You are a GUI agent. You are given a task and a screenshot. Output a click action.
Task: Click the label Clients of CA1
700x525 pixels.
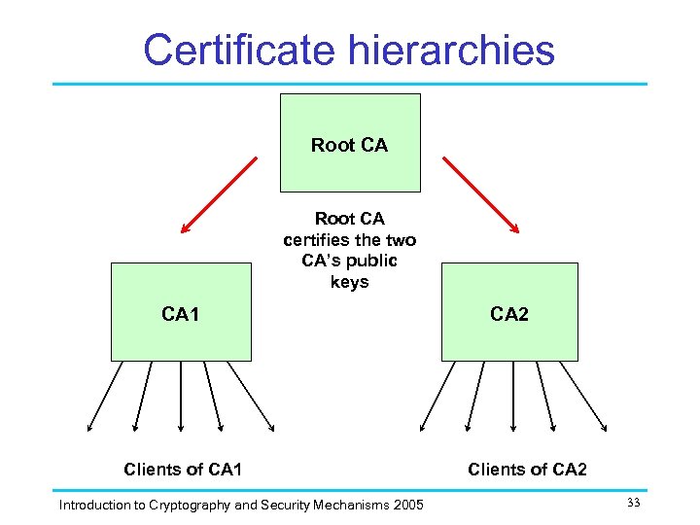coord(183,470)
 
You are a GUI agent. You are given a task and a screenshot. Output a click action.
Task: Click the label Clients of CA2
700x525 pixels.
coord(527,470)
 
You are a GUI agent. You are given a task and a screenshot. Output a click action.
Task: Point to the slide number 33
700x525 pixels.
coord(633,502)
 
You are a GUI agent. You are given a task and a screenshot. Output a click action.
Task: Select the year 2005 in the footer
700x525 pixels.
coord(407,505)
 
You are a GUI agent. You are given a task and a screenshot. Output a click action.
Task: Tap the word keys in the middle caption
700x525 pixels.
coord(349,282)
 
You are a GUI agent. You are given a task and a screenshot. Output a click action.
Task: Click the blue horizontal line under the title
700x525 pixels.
coord(350,84)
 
